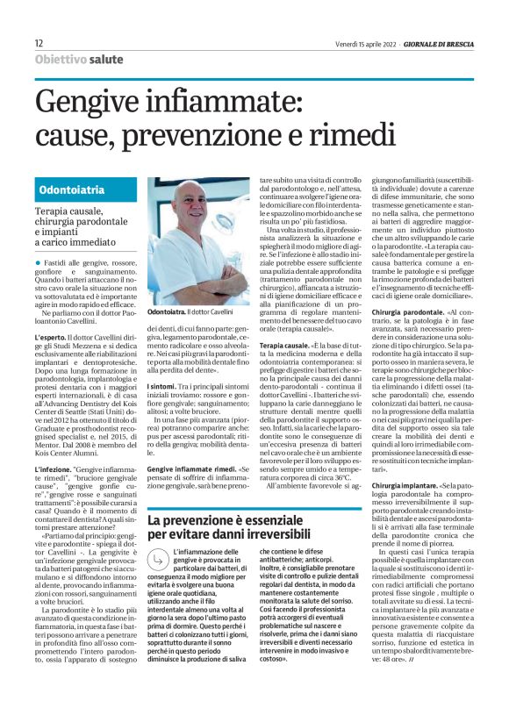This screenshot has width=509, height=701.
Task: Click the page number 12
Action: point(39,43)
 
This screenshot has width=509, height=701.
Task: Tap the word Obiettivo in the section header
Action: point(61,59)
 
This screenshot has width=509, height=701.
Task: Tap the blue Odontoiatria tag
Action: point(74,190)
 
